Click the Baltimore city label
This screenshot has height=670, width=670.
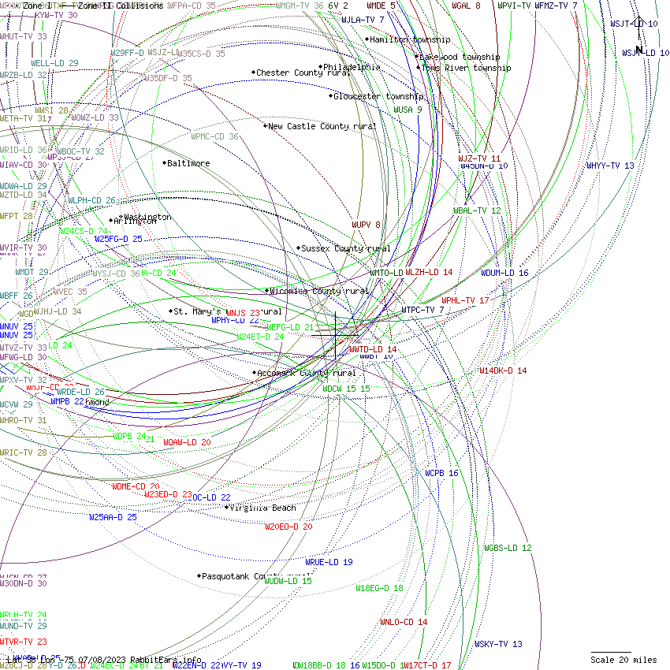click(x=188, y=164)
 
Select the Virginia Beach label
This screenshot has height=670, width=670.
click(x=262, y=508)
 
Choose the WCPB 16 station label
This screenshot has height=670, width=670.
click(x=441, y=474)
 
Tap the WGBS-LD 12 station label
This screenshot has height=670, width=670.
click(x=508, y=548)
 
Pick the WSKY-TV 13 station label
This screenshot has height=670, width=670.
click(x=498, y=644)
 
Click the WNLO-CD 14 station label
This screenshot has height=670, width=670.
click(x=404, y=622)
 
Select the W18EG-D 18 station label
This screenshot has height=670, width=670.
click(x=379, y=588)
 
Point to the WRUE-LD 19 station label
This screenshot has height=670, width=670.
click(x=329, y=562)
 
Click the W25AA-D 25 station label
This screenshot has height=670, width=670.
click(x=113, y=517)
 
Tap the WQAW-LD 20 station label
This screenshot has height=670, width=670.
click(x=187, y=443)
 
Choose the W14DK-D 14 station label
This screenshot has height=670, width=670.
click(x=503, y=370)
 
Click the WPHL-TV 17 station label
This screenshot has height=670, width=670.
click(x=465, y=300)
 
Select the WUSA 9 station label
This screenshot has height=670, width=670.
click(x=408, y=110)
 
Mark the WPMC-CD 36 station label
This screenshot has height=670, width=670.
click(x=214, y=136)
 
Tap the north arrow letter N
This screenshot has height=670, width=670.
click(x=640, y=50)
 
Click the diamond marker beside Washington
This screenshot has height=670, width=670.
click(x=121, y=217)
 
